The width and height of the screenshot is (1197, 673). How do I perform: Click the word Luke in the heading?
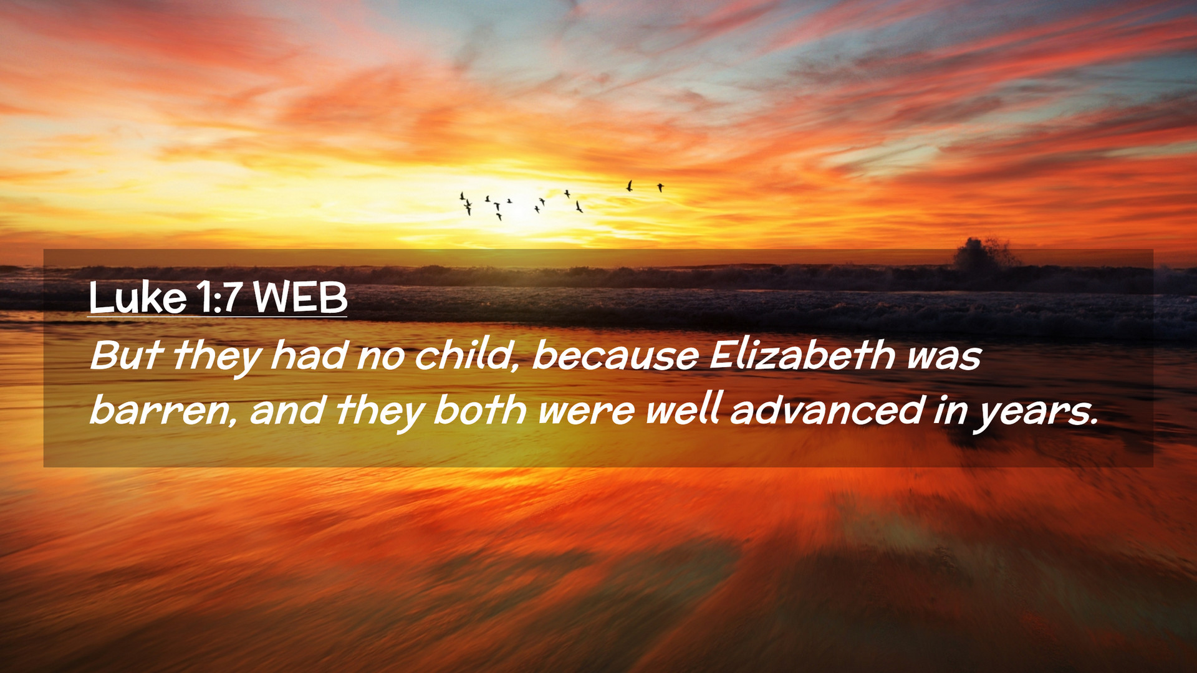pyautogui.click(x=138, y=298)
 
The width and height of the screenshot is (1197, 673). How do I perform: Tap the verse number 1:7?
pyautogui.click(x=219, y=298)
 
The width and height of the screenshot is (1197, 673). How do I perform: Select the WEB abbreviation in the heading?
pyautogui.click(x=300, y=298)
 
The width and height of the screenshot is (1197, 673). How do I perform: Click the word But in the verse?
pyautogui.click(x=127, y=355)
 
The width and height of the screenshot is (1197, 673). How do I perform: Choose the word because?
pyautogui.click(x=615, y=355)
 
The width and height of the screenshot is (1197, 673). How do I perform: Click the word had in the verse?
pyautogui.click(x=309, y=355)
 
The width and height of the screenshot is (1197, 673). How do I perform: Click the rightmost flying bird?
pyautogui.click(x=660, y=187)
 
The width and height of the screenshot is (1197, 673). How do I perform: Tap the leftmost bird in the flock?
pyautogui.click(x=462, y=196)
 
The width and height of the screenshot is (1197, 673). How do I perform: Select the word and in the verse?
pyautogui.click(x=287, y=411)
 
